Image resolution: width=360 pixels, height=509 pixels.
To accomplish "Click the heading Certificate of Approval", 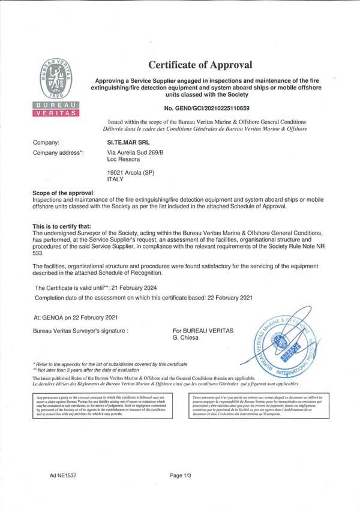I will pyautogui.click(x=200, y=65).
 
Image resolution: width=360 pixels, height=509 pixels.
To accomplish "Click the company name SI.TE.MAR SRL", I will pyautogui.click(x=127, y=143).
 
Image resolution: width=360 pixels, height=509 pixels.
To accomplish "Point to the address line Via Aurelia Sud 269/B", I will pyautogui.click(x=134, y=154).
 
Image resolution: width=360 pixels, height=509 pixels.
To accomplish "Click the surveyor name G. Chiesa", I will pyautogui.click(x=186, y=339).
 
